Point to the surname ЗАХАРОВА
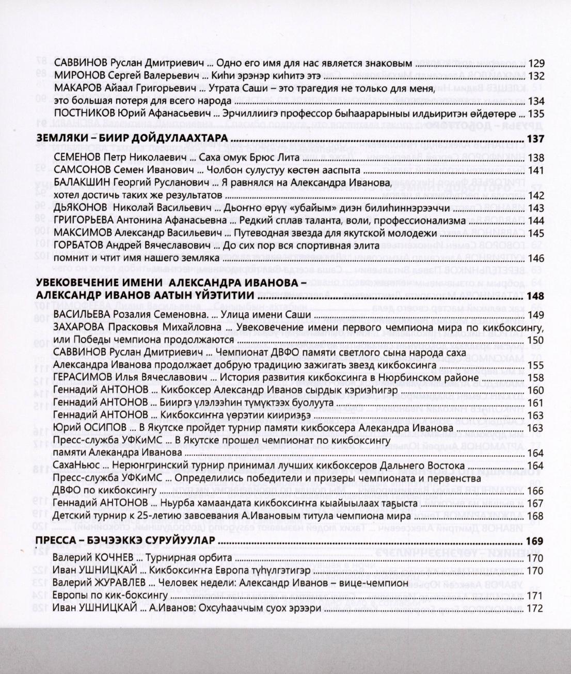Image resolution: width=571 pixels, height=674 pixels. (78, 327)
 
